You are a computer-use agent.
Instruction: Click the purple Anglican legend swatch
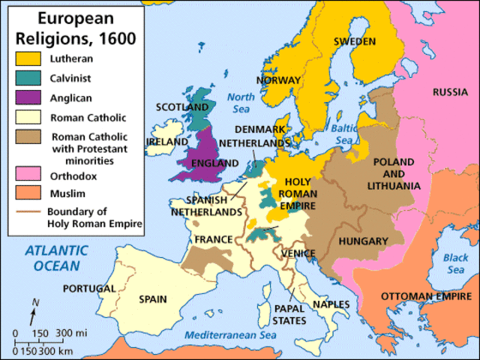tap(28, 97)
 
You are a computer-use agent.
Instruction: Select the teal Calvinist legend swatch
tap(28, 76)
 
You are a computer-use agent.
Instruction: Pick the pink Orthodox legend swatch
tap(28, 174)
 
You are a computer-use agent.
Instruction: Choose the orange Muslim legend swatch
tap(28, 193)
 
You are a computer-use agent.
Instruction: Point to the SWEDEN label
tap(355, 41)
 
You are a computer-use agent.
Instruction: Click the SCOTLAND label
tap(181, 107)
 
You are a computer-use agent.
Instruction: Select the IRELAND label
tap(167, 141)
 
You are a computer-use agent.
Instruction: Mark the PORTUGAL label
tap(89, 289)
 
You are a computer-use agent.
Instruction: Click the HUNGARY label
tap(362, 241)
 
